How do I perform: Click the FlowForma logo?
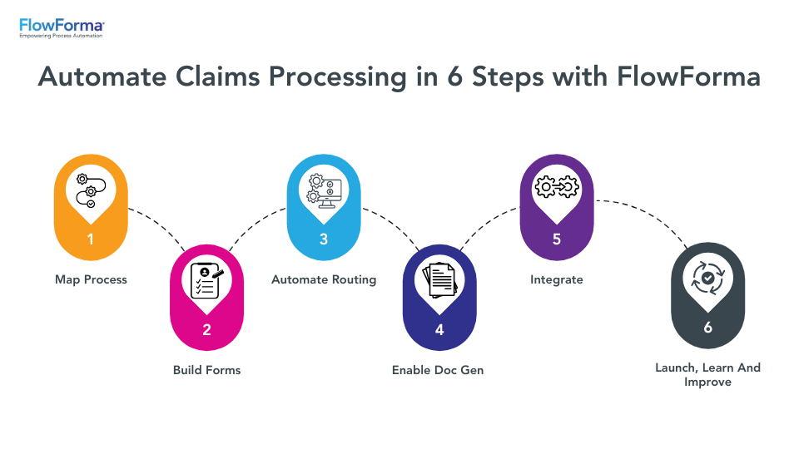[x=62, y=28]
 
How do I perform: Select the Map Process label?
[x=91, y=279]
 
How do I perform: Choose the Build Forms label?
[x=206, y=369]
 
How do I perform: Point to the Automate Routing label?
[x=324, y=279]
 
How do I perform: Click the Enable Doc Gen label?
[x=438, y=369]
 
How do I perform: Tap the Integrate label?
[x=556, y=279]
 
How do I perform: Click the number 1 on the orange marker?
[x=91, y=239]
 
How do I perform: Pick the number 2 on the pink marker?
[x=206, y=329]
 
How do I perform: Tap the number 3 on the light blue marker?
[x=324, y=239]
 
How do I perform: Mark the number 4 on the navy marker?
[x=439, y=329]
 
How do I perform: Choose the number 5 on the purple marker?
[x=556, y=239]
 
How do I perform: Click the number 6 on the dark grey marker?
[x=707, y=328]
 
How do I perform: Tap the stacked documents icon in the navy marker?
[x=439, y=280]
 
